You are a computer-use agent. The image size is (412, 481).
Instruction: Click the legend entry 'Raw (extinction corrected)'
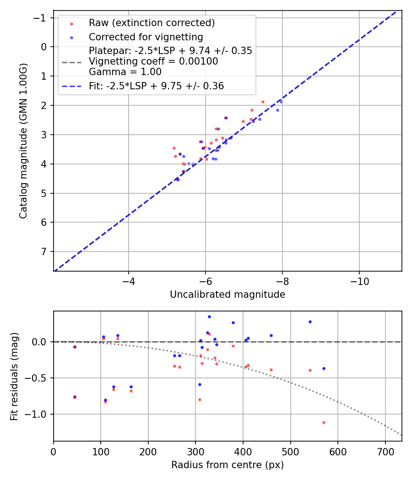tap(152, 22)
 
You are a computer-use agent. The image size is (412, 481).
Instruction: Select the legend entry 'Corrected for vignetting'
tap(146, 37)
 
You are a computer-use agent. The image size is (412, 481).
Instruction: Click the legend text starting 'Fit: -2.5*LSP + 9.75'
tap(156, 86)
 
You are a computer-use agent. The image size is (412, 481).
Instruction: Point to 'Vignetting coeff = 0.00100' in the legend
tap(153, 61)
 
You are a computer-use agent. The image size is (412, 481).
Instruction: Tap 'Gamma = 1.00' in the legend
tap(125, 71)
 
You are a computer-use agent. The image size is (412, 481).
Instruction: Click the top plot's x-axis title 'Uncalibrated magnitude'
tap(228, 295)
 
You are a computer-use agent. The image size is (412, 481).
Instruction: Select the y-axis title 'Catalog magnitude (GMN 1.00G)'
tap(23, 141)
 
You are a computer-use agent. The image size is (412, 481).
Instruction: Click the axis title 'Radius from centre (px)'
tap(228, 465)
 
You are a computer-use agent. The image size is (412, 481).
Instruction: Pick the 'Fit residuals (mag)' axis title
tap(14, 376)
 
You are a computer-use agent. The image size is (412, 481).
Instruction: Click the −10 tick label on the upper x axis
tap(359, 280)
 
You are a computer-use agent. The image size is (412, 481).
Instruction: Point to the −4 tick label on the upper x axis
tap(129, 280)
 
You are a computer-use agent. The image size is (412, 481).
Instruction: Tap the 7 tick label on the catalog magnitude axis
tap(44, 251)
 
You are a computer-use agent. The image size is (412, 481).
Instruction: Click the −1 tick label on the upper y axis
tap(42, 17)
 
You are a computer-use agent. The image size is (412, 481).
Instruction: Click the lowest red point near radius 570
tap(324, 422)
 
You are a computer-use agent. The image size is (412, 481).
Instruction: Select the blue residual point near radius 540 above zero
tap(310, 322)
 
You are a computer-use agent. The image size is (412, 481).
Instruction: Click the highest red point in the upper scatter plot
tap(263, 102)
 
